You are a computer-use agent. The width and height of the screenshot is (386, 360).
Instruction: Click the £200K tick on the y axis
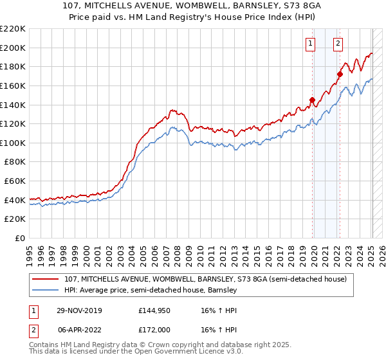[x=13, y=48]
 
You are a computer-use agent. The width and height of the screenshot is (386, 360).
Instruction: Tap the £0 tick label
[x=21, y=239]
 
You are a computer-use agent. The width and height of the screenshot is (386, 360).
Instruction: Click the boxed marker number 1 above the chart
[x=311, y=44]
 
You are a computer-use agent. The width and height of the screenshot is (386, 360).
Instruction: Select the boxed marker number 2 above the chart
[x=338, y=44]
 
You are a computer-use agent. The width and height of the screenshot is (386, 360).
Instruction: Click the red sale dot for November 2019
[x=313, y=100]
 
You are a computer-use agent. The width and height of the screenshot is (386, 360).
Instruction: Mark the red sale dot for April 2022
[x=340, y=74]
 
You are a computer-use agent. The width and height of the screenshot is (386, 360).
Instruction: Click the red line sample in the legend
[x=46, y=280]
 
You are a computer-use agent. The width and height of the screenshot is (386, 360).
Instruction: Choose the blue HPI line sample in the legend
[x=46, y=291]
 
